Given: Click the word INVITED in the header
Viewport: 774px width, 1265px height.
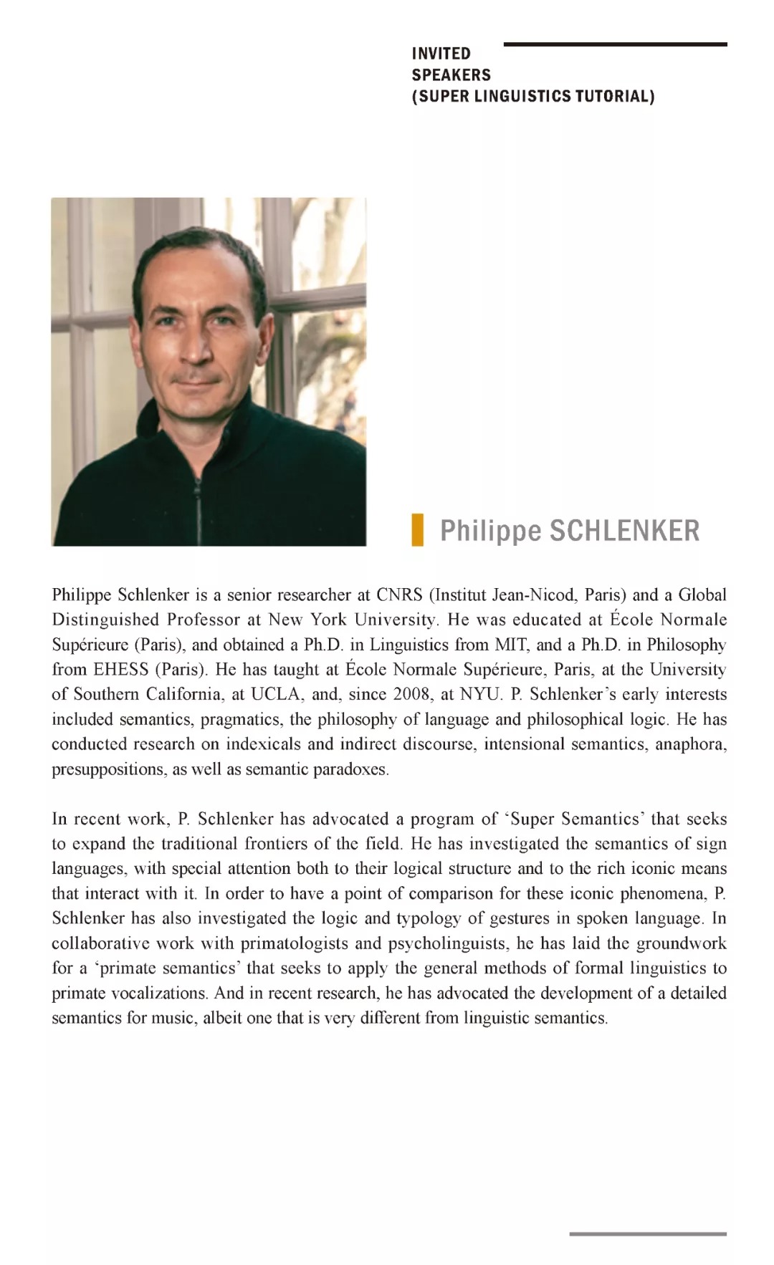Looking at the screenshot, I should tap(441, 54).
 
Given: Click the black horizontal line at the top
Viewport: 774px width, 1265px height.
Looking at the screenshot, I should tap(615, 44).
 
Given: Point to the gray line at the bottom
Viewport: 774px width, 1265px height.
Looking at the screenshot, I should tap(648, 1233).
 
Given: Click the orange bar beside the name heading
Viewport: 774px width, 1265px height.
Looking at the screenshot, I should tap(417, 530).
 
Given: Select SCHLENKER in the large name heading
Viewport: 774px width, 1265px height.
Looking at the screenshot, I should tap(623, 531).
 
